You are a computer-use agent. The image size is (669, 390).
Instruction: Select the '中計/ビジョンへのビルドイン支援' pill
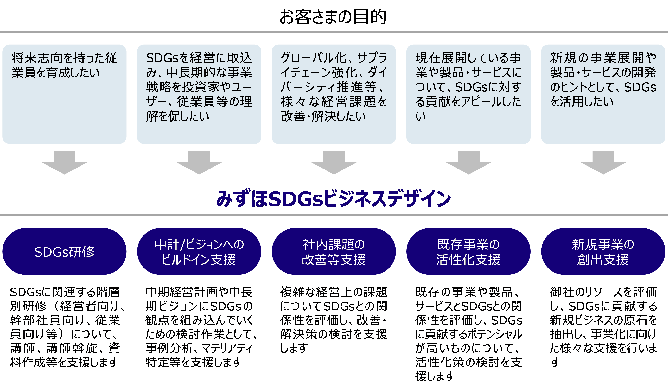point(199,252)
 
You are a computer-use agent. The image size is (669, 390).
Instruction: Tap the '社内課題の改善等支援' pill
point(334,252)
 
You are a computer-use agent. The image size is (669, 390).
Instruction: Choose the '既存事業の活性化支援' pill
point(468,252)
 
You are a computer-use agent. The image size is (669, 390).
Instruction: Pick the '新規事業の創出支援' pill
point(603,252)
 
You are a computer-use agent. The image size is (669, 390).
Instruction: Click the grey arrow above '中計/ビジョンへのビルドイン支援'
point(199,163)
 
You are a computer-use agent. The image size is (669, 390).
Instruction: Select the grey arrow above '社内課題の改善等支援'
point(334,163)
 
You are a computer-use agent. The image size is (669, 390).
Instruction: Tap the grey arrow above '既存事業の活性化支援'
point(468,163)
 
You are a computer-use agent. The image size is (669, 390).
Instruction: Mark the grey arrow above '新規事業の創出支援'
point(603,163)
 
